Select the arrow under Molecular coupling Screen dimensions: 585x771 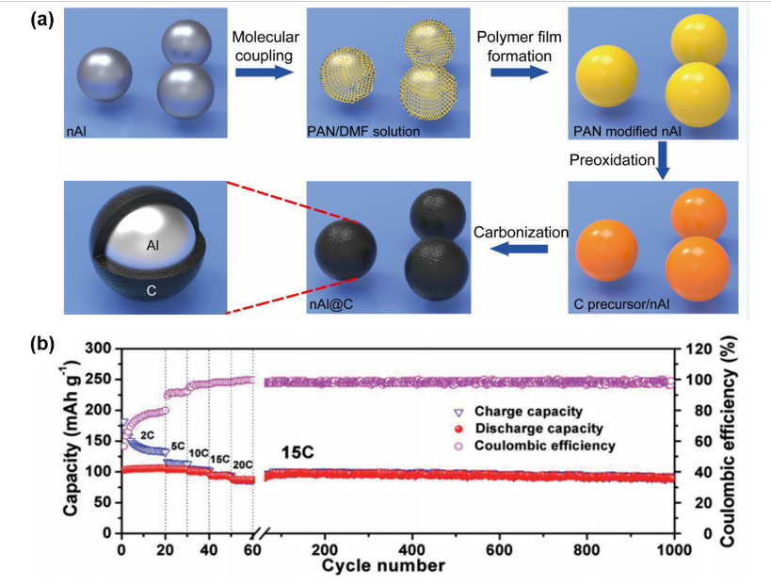click(260, 73)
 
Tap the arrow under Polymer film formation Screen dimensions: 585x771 click(512, 73)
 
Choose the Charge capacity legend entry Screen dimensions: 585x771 click(535, 411)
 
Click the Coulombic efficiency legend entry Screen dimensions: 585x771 click(546, 445)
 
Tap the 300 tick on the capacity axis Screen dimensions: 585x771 click(99, 349)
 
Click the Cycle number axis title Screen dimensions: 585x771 click(382, 566)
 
